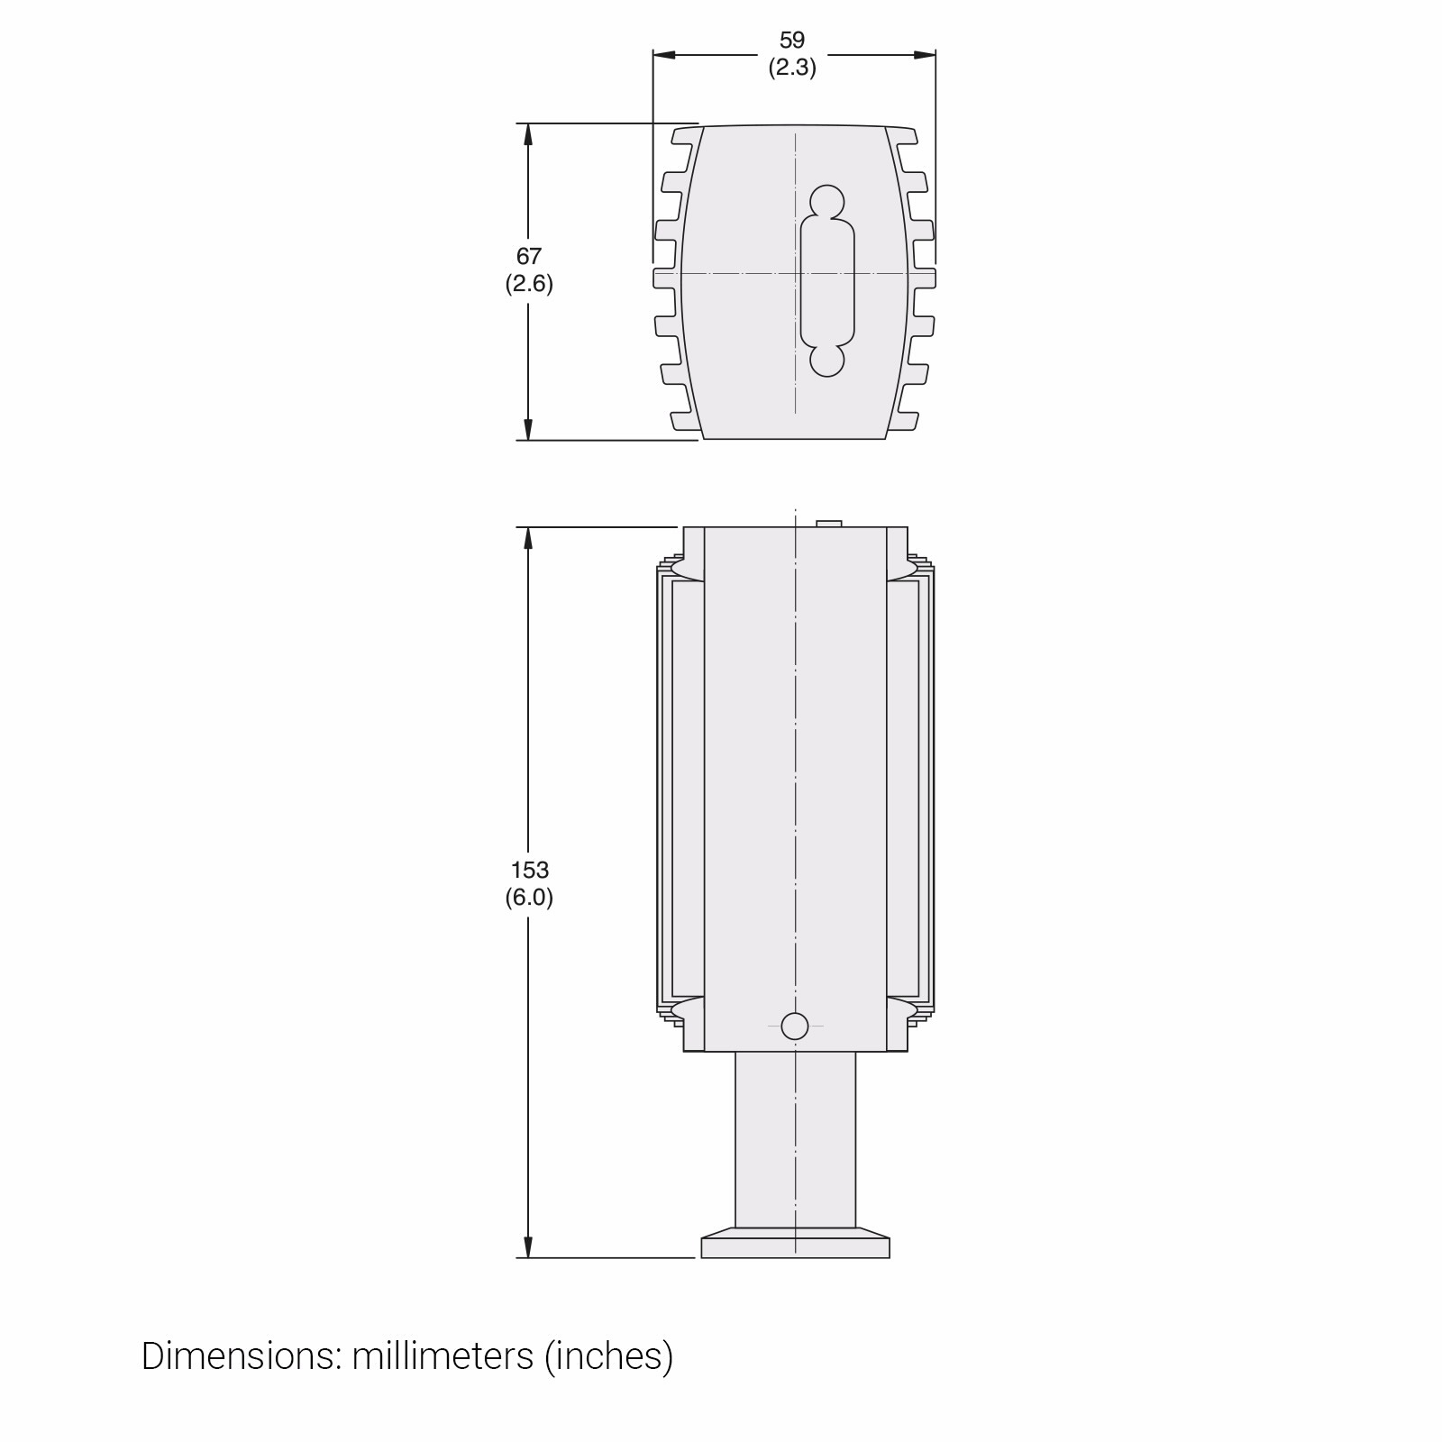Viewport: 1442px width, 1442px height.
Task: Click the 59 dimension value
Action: coord(792,41)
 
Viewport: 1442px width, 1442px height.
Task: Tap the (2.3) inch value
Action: coord(792,68)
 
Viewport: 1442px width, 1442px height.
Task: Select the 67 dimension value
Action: coord(529,257)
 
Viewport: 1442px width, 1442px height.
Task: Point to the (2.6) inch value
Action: coord(529,284)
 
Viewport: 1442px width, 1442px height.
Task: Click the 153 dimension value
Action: coord(529,871)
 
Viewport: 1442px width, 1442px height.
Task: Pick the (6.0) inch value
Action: coord(529,898)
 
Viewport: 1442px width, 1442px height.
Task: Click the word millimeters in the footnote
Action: coord(443,1356)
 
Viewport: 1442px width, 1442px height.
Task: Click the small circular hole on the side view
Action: coord(795,1026)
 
